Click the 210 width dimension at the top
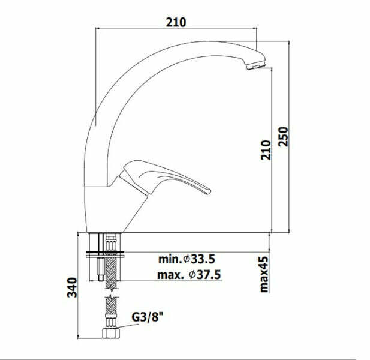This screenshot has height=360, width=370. click(x=176, y=22)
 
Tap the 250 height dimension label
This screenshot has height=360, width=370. click(x=284, y=137)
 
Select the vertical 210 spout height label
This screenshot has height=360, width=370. click(x=266, y=150)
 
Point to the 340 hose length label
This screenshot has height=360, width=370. click(x=72, y=287)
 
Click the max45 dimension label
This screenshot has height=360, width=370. click(x=264, y=275)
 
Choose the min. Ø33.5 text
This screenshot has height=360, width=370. click(x=186, y=259)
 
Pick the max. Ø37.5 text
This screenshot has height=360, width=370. click(x=189, y=275)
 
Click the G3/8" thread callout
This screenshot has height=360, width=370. click(x=148, y=317)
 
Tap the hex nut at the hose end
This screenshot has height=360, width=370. click(x=111, y=333)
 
